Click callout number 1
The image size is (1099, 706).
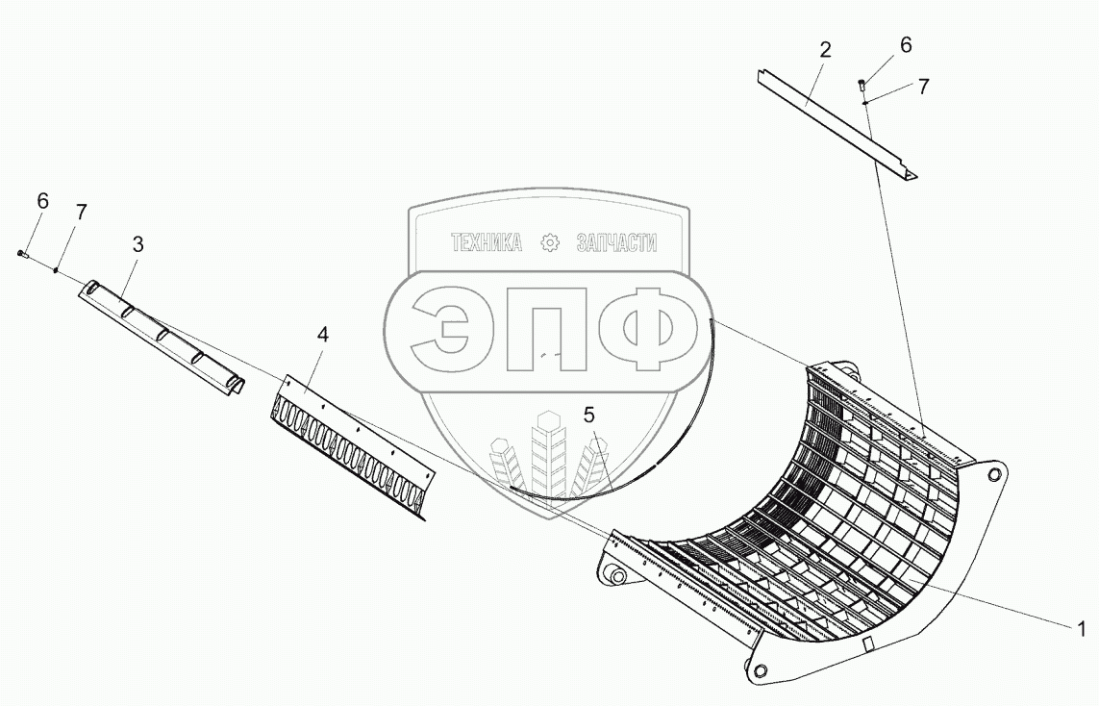[x=1081, y=630]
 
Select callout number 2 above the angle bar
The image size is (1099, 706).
[x=825, y=51]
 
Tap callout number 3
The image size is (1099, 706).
[x=137, y=244]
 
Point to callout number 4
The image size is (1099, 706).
[x=323, y=335]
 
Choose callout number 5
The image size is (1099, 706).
[x=588, y=415]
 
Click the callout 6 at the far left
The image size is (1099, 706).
[x=42, y=201]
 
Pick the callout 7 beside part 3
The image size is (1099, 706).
[x=81, y=213]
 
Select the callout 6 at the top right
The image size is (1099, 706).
[x=906, y=44]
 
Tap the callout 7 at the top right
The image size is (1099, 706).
[x=923, y=86]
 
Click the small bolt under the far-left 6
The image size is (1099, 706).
[x=22, y=253]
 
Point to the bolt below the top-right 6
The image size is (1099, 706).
[x=862, y=86]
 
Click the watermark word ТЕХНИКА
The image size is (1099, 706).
[x=487, y=243]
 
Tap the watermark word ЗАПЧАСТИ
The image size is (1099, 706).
[x=616, y=243]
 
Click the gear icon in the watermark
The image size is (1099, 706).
[x=549, y=242]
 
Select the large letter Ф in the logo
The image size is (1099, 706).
[x=645, y=330]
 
